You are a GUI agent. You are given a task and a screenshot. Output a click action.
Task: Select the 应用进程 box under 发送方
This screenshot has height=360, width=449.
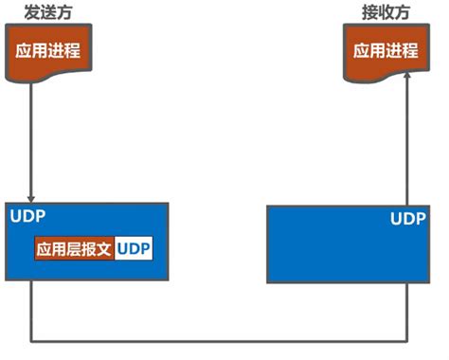click(x=45, y=51)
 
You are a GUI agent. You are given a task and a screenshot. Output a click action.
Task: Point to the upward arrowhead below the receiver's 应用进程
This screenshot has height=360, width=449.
click(x=405, y=84)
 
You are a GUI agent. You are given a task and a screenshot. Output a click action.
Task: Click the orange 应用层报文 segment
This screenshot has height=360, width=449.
click(x=74, y=249)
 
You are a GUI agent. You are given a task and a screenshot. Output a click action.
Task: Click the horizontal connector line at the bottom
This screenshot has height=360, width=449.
click(x=218, y=340)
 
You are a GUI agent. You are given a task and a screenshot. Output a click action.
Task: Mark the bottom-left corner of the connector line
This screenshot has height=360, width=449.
click(x=32, y=340)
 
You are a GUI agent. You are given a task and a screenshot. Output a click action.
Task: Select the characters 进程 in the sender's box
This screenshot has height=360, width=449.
click(x=61, y=51)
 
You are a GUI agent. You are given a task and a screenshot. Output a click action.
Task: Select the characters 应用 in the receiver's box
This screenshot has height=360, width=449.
click(x=369, y=51)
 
